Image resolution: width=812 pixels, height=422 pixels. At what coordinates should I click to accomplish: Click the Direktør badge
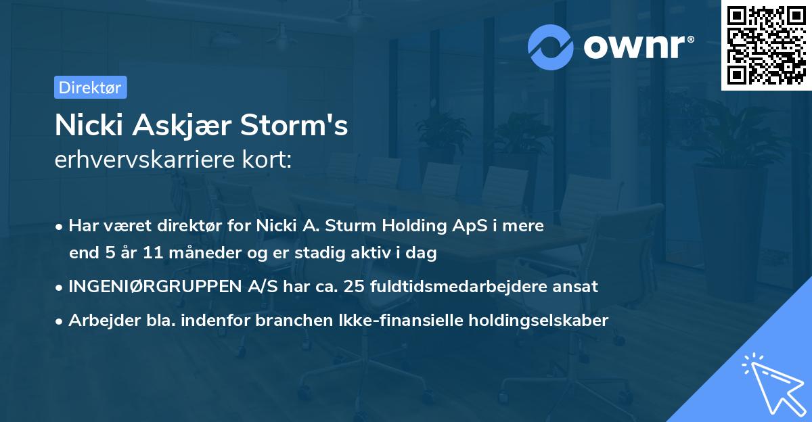click(x=90, y=87)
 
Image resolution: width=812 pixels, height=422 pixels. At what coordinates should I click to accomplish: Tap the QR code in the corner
click(x=767, y=45)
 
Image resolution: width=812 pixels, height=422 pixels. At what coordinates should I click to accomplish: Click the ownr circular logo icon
click(x=551, y=47)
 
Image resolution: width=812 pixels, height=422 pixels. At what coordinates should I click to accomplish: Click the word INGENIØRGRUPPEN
click(x=153, y=286)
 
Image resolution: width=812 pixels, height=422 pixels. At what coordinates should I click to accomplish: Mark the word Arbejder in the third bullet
click(x=97, y=320)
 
